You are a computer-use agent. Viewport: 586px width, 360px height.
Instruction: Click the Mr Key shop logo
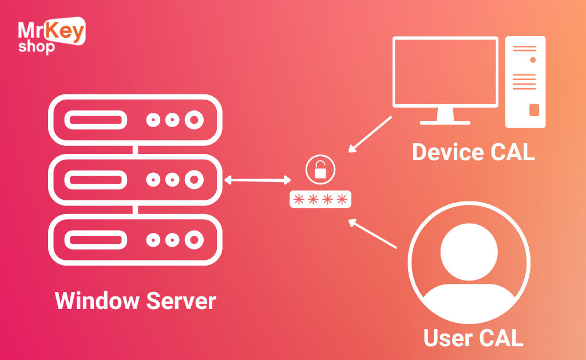pyautogui.click(x=52, y=35)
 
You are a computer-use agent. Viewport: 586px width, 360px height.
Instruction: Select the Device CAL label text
pyautogui.click(x=473, y=152)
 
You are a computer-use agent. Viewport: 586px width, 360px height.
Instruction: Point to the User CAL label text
pyautogui.click(x=473, y=338)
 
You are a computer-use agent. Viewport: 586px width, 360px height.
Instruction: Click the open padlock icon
pyautogui.click(x=320, y=169)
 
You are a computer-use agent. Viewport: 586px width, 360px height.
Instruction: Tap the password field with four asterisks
pyautogui.click(x=320, y=199)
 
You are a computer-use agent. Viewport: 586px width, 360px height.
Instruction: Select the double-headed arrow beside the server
pyautogui.click(x=258, y=180)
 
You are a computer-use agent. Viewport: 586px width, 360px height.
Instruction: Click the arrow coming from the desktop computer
pyautogui.click(x=370, y=134)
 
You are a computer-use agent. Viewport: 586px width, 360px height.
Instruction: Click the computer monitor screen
pyautogui.click(x=445, y=72)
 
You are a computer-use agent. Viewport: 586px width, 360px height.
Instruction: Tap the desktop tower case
pyautogui.click(x=525, y=82)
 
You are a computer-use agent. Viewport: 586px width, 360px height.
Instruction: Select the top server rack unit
pyautogui.click(x=135, y=120)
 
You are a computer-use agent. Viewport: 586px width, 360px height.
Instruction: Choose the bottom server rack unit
pyautogui.click(x=135, y=239)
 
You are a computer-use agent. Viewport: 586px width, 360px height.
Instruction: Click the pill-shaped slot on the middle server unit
pyautogui.click(x=95, y=180)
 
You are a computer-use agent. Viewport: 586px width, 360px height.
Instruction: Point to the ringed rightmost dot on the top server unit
pyautogui.click(x=195, y=120)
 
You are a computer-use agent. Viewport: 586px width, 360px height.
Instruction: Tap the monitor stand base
pyautogui.click(x=445, y=122)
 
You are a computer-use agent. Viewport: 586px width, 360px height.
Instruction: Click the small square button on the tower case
pyautogui.click(x=534, y=110)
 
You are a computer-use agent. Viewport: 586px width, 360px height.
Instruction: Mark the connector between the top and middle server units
pyautogui.click(x=135, y=150)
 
